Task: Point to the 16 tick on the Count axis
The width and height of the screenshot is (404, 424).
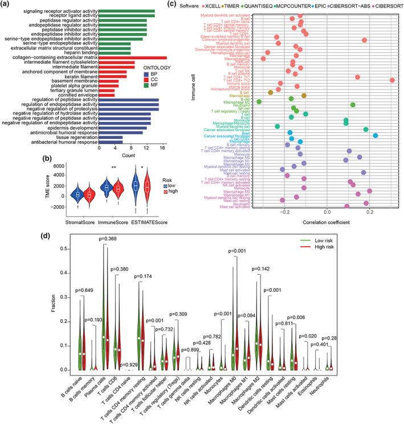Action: [x=162, y=148]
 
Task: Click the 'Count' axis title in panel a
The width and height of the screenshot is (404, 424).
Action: [x=132, y=155]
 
